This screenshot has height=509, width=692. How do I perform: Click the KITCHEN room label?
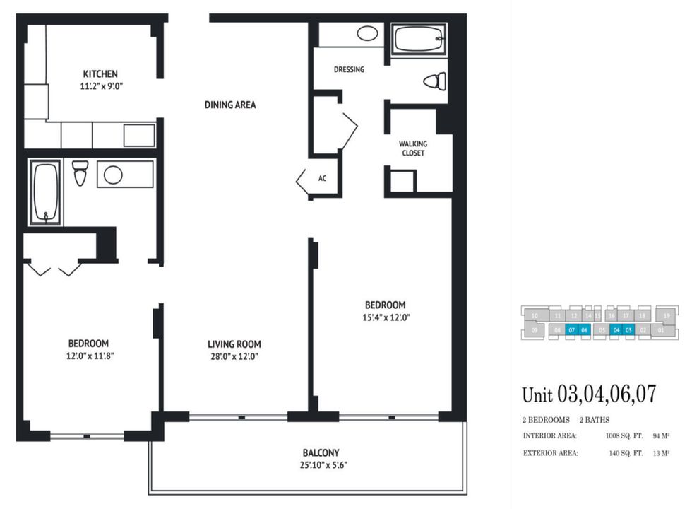tap(100, 74)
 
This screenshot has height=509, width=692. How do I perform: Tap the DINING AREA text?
tap(230, 105)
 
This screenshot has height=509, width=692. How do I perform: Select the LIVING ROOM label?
tap(234, 344)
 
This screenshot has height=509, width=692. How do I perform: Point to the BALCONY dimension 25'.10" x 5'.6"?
tap(321, 465)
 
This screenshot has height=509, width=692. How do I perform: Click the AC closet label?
tap(322, 178)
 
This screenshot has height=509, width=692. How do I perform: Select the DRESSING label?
tap(349, 69)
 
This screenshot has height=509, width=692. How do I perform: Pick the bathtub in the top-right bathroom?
tap(419, 38)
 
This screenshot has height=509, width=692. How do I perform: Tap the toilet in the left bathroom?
tap(80, 172)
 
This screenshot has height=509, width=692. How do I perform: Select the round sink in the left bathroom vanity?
tap(113, 175)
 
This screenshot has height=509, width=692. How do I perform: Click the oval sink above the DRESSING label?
tap(366, 33)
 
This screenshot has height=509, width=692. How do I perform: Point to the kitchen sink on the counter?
tap(139, 135)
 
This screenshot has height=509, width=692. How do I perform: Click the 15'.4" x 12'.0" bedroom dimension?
tap(386, 317)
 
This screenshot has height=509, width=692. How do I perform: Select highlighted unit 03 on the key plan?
tap(628, 329)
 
